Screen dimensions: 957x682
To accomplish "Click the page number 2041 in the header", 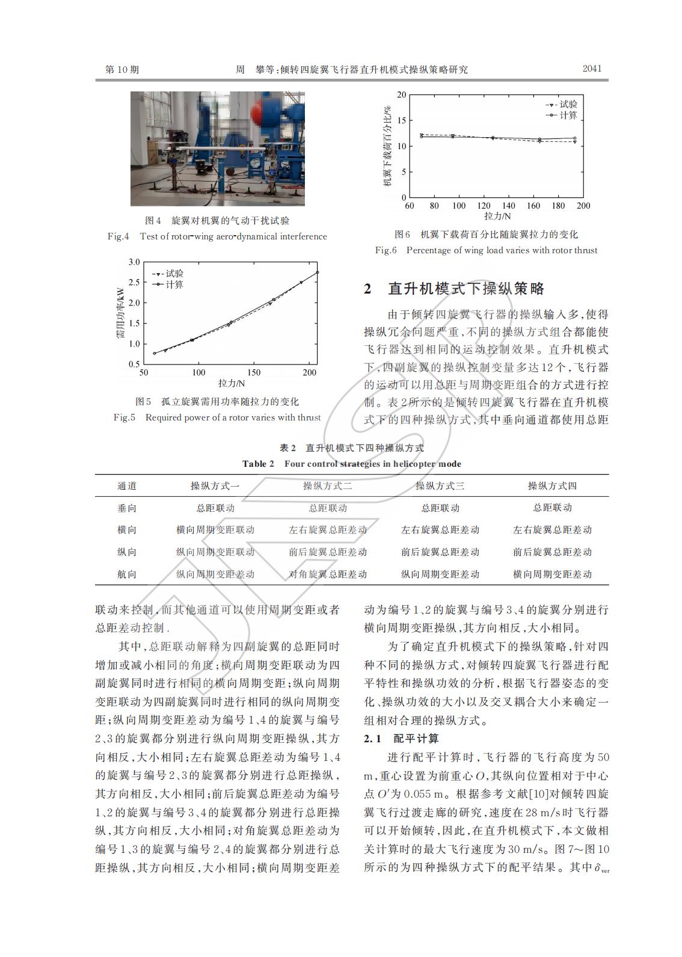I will click(x=592, y=69).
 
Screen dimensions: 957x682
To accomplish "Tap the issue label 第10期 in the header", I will click(x=122, y=70).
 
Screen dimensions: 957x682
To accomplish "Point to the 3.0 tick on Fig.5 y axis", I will click(x=134, y=262).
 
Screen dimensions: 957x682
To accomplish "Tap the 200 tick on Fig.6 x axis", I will click(x=583, y=206).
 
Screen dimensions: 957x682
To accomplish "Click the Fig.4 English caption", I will click(x=217, y=236).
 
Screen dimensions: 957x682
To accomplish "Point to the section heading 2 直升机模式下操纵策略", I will click(x=454, y=289).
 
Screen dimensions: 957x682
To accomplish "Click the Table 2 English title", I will click(x=352, y=464).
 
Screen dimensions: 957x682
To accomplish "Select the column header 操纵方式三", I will click(x=440, y=486).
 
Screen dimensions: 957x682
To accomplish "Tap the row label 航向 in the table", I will click(x=127, y=574).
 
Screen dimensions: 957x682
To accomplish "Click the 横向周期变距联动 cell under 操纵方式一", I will click(x=215, y=530).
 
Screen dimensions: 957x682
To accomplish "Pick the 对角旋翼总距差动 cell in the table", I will click(x=328, y=574).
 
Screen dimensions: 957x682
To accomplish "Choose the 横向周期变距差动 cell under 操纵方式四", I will click(x=552, y=574).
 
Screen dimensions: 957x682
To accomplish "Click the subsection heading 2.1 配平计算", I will click(x=401, y=738).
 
